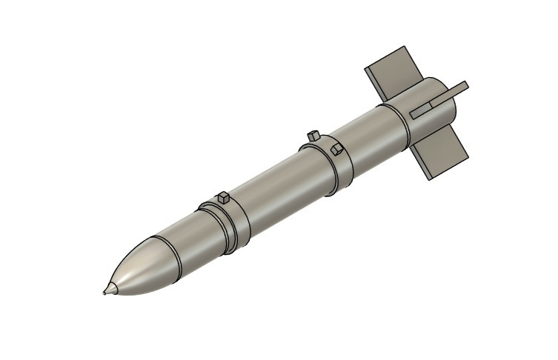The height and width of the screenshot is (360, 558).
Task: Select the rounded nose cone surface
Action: click(x=137, y=270)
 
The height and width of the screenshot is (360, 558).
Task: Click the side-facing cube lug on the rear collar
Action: click(x=337, y=150)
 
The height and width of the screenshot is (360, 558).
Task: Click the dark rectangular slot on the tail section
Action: click(x=421, y=110)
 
